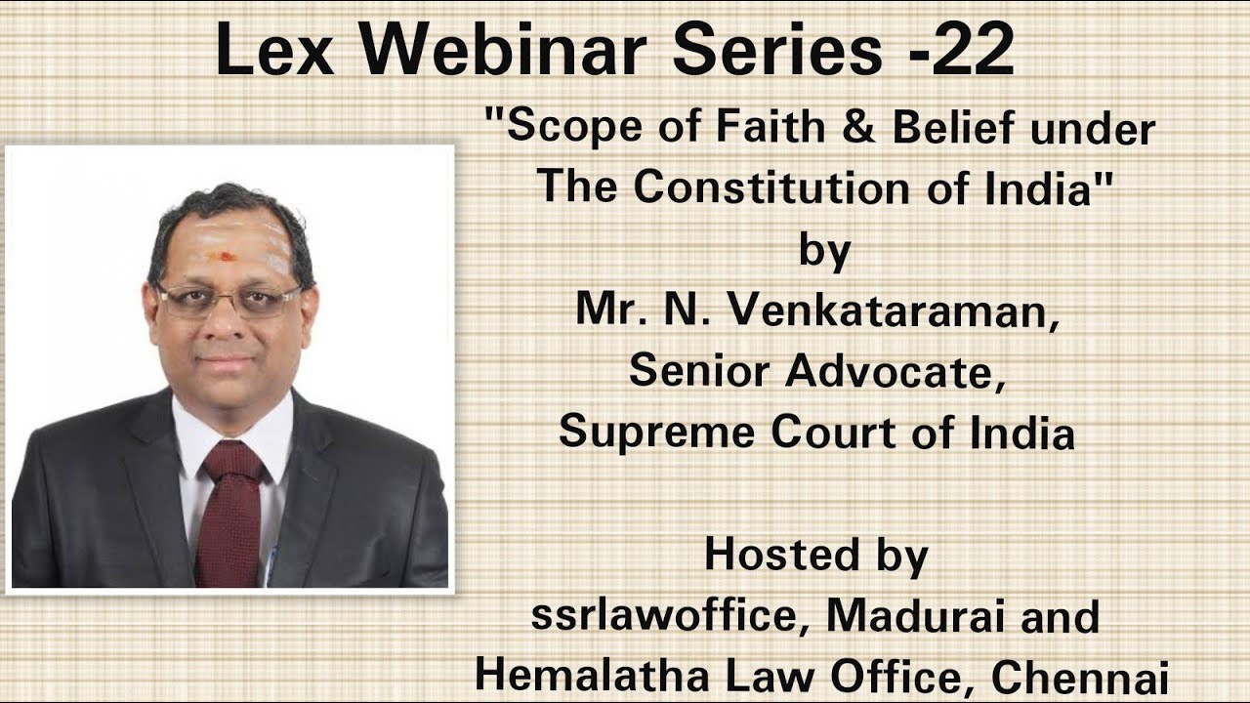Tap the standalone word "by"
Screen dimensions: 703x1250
click(x=825, y=250)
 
